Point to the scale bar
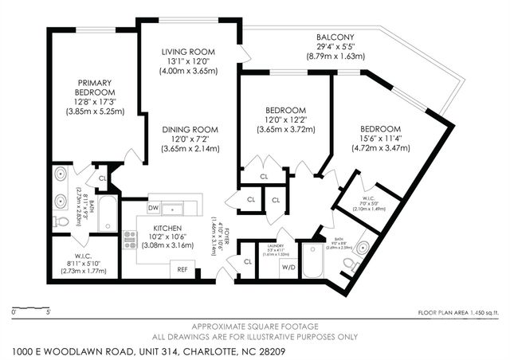[x=33, y=306]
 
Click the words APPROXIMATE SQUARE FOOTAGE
[x=255, y=326]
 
